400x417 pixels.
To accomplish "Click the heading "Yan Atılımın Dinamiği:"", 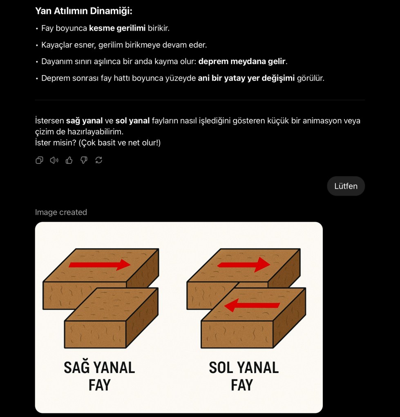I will (83, 11).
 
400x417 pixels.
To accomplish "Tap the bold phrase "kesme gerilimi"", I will (117, 29).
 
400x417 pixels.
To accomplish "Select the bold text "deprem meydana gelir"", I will (241, 62).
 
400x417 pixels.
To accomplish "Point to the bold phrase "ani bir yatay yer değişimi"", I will (246, 78).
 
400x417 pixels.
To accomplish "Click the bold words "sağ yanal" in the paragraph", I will (84, 121).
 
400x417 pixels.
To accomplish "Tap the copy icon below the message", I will (39, 160).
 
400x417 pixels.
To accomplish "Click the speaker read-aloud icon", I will (54, 160).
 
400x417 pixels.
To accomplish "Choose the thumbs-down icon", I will (84, 160).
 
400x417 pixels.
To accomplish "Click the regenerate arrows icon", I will (98, 160).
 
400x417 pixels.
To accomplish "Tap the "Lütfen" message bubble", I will (346, 186).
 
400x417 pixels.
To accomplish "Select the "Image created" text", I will (61, 212).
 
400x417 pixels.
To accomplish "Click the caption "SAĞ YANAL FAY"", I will (99, 376).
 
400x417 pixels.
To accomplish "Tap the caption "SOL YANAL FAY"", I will (244, 376).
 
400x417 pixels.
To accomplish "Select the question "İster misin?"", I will (56, 143).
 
